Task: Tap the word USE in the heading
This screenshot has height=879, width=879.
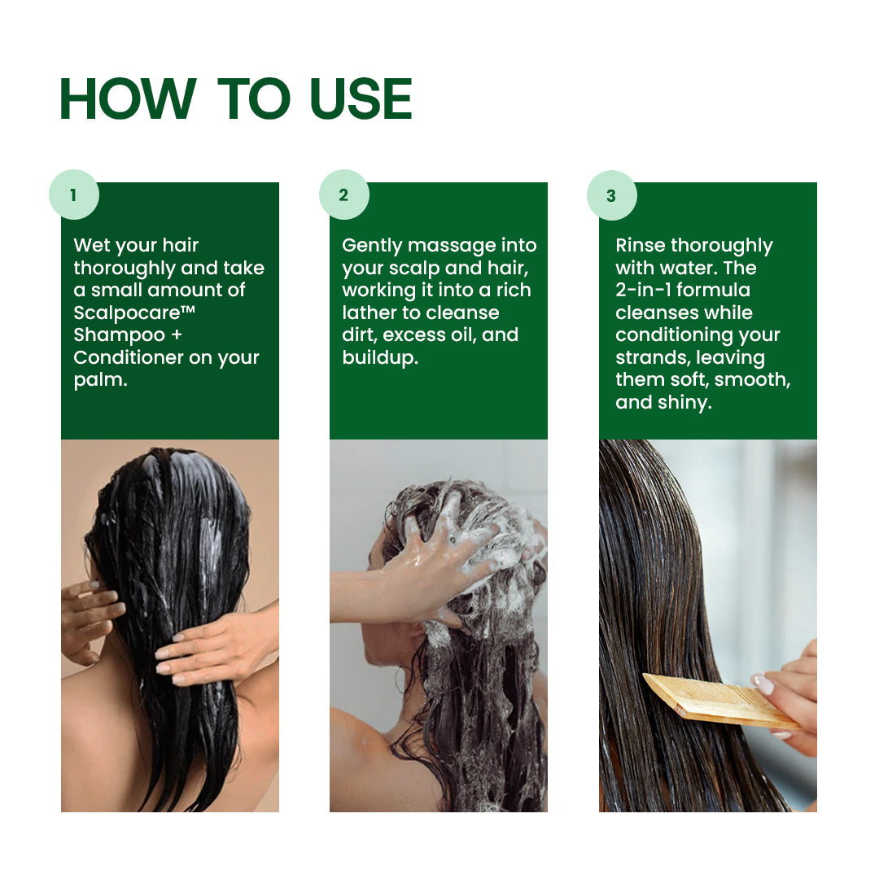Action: [x=361, y=99]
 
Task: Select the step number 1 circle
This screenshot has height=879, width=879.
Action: [x=73, y=195]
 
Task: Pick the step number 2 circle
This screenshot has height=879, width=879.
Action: [x=343, y=195]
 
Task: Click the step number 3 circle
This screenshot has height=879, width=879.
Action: [x=611, y=195]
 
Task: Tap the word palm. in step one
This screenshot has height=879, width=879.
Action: [x=100, y=380]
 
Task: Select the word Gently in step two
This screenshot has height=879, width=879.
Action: [x=372, y=246]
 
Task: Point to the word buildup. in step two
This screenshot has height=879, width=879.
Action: [x=380, y=357]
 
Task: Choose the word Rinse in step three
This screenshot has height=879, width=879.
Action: [x=639, y=246]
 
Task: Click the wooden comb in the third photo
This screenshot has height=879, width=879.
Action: [x=716, y=702]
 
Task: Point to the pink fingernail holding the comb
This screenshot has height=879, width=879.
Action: [x=763, y=684]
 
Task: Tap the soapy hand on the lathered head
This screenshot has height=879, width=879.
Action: [x=439, y=562]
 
